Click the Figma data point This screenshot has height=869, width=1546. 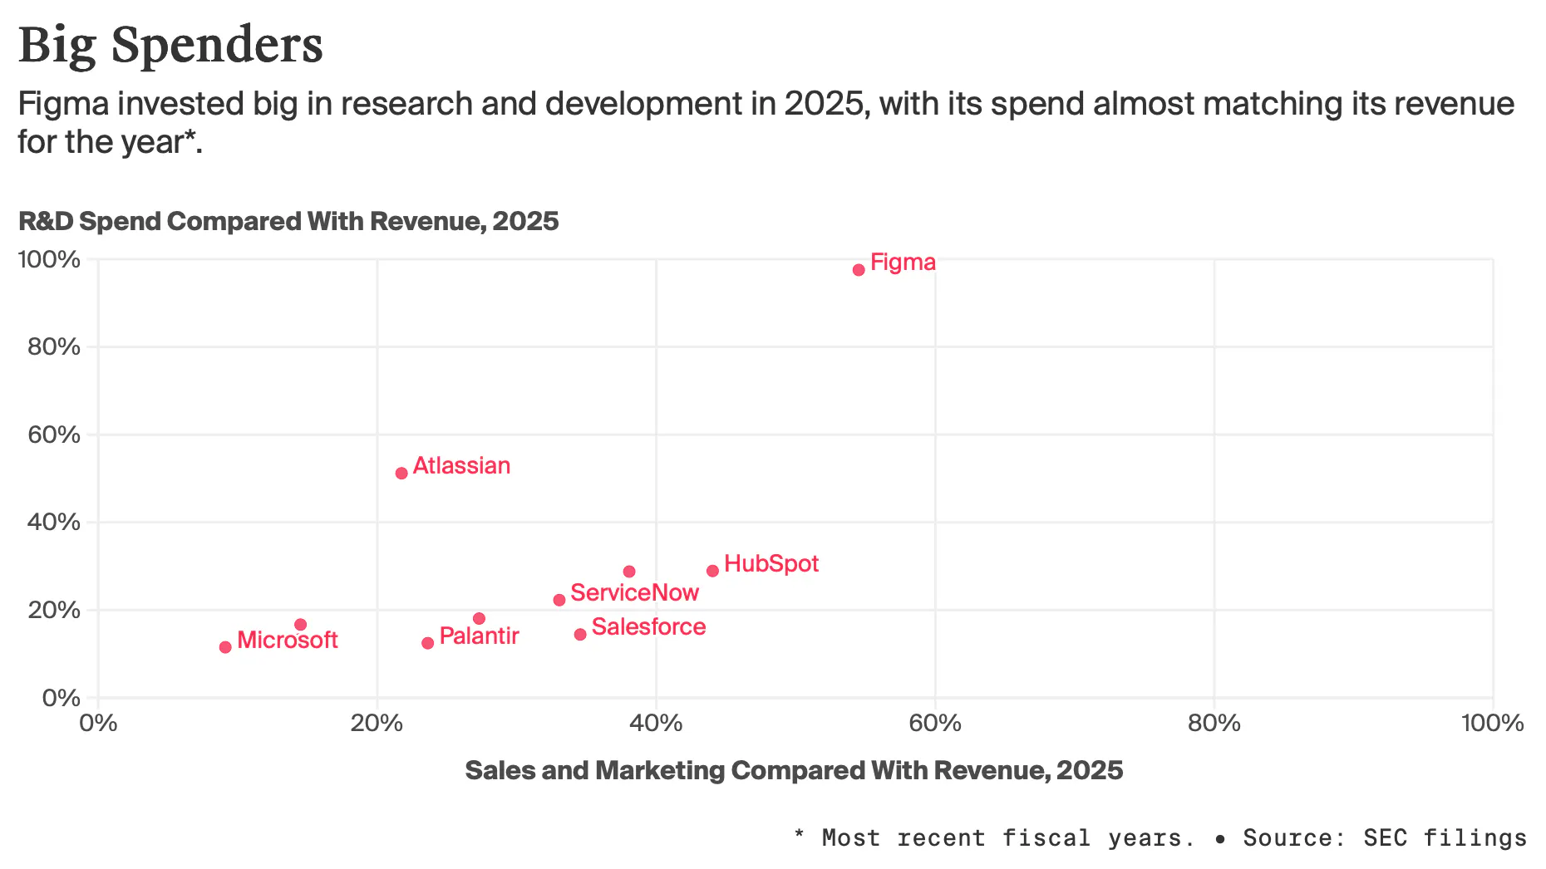[859, 270]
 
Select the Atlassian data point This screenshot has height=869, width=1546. [401, 474]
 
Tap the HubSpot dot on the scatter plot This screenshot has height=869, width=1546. [712, 571]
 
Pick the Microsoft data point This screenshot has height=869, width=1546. [225, 647]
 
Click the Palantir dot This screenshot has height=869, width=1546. [428, 643]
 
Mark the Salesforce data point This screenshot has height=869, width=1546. [580, 635]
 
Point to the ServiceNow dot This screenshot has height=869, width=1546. [559, 600]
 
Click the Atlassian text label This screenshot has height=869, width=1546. [461, 466]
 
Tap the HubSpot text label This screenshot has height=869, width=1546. [771, 564]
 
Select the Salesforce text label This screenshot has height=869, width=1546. [648, 627]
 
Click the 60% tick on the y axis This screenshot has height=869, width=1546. [54, 434]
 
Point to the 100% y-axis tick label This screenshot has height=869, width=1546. [50, 259]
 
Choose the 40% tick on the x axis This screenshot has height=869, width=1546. [656, 723]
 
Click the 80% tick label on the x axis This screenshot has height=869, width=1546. [1214, 723]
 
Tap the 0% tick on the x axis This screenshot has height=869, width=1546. [98, 723]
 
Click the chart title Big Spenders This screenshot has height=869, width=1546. [170, 45]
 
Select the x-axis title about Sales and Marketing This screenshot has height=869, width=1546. [794, 770]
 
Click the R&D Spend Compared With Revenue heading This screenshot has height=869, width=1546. [288, 221]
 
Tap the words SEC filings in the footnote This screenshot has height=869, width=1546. [1445, 837]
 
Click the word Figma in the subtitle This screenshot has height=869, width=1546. [63, 104]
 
